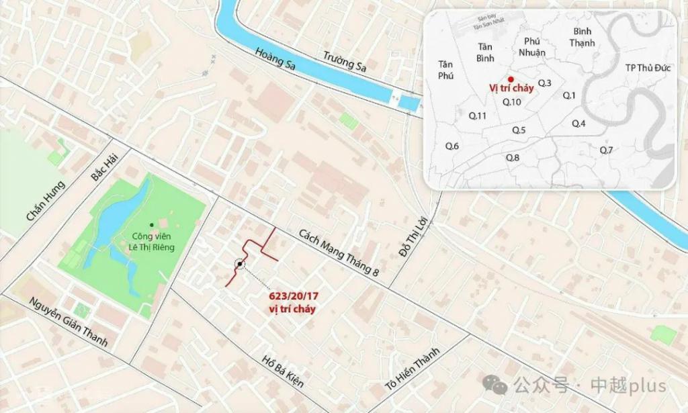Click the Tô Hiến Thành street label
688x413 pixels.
pos(411,368)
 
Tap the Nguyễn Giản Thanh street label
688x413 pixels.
pos(69,322)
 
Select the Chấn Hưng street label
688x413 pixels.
pos(45,201)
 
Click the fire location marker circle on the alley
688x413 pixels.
pos(240,265)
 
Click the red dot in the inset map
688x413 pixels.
pos(511,79)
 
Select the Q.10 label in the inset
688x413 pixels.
pos(512,102)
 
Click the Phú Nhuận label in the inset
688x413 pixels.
pos(532,46)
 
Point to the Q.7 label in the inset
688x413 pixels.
pos(606,149)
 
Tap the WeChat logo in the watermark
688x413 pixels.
pos(499,385)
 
